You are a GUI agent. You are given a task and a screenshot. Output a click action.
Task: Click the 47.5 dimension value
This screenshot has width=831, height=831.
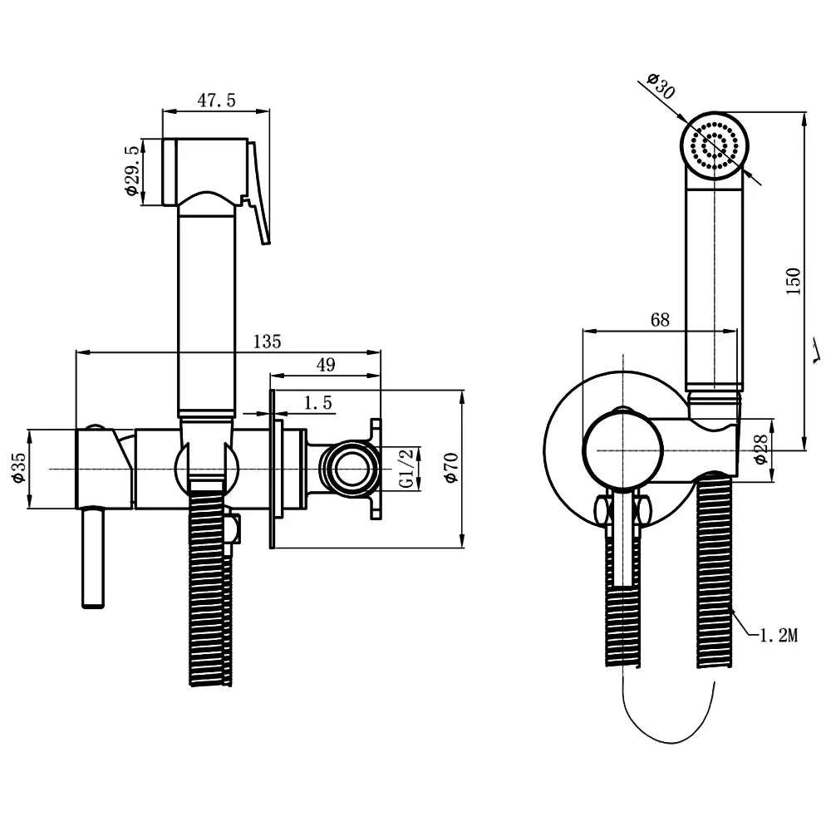[217, 100]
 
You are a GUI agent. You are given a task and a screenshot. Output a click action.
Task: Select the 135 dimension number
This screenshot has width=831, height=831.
[267, 341]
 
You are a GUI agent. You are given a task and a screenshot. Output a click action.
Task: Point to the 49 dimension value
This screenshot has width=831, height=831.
[327, 364]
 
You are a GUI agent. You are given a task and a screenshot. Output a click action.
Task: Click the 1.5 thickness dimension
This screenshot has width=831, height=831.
[317, 403]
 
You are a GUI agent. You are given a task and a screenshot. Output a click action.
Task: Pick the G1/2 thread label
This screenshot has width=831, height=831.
[406, 470]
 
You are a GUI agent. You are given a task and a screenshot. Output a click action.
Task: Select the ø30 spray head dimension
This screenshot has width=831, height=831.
[660, 85]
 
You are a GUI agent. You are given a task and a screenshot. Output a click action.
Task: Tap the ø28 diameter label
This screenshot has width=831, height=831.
[758, 450]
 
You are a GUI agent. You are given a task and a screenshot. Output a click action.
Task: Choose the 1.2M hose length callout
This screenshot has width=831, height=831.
[778, 636]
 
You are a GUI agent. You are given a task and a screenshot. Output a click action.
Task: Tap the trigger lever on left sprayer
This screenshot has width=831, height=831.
[259, 191]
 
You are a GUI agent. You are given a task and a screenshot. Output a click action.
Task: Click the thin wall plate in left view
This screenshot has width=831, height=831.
[272, 470]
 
